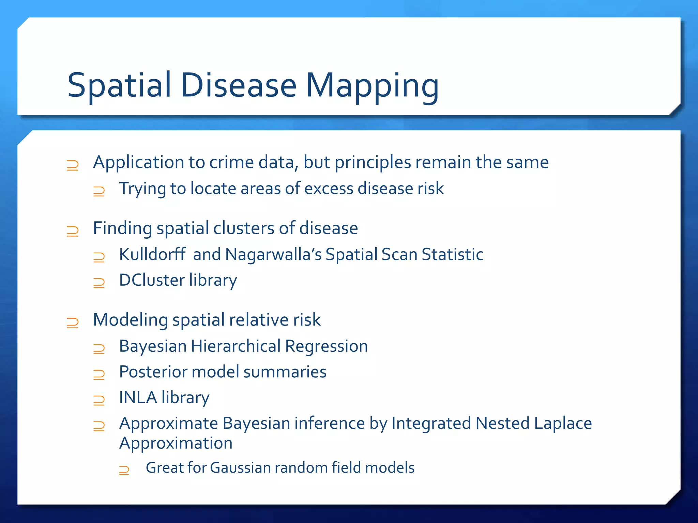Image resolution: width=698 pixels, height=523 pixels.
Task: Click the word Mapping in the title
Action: click(x=372, y=86)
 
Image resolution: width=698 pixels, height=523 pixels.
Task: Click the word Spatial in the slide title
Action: click(x=119, y=86)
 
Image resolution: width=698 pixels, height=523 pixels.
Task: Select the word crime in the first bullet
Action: click(x=231, y=162)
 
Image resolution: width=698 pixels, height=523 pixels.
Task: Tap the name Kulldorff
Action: click(x=152, y=254)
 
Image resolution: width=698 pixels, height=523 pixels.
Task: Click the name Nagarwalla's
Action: click(x=273, y=254)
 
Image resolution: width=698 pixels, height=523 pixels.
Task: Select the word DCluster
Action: click(x=152, y=280)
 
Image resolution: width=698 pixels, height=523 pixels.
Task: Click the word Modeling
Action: click(x=131, y=320)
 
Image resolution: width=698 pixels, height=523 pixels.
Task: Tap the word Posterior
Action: click(x=153, y=372)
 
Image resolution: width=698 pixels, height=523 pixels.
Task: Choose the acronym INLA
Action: click(x=138, y=397)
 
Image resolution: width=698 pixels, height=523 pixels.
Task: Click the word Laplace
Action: click(x=563, y=424)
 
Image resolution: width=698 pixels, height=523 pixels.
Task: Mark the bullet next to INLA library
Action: click(x=99, y=400)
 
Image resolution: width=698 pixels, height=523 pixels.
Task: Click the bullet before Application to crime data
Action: click(x=73, y=165)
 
